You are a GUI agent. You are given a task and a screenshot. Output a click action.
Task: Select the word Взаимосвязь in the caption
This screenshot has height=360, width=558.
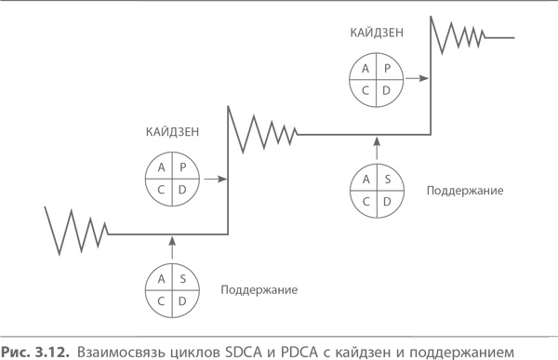112,351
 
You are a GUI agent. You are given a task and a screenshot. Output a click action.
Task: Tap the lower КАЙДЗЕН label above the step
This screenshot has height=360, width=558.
173,132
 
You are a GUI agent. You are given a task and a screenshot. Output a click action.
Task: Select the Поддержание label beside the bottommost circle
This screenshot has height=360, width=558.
259,290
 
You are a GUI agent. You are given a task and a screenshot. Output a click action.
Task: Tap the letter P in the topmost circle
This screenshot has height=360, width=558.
387,69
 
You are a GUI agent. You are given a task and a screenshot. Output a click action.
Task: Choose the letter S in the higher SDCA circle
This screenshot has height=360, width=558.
387,180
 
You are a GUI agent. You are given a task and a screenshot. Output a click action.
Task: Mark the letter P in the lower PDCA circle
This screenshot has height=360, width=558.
184,167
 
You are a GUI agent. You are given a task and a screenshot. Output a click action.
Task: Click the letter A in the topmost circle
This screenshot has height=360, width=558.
365,69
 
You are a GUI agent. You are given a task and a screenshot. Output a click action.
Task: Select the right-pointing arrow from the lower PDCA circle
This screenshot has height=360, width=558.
213,178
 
